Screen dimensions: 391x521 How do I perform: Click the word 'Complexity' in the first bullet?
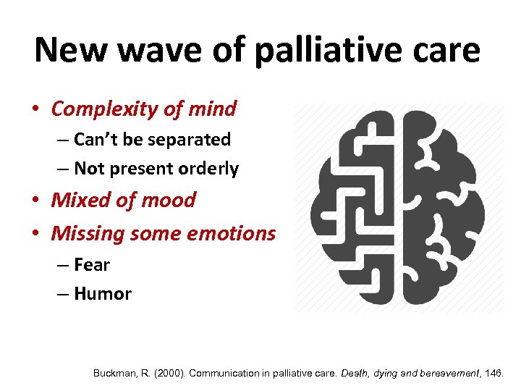(105, 109)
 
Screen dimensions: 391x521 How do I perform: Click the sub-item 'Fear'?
(92, 265)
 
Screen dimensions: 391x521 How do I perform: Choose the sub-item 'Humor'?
(102, 294)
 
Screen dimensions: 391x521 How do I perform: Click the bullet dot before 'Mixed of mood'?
(36, 201)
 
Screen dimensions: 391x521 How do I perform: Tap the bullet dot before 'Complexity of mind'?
(36, 110)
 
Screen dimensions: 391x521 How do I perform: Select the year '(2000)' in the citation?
(167, 374)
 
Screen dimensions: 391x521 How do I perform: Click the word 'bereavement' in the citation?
(443, 374)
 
